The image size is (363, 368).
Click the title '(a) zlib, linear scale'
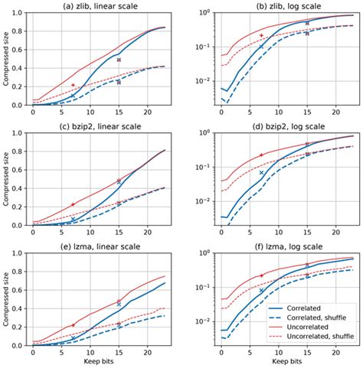(101, 6)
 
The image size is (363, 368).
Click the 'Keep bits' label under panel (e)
(101, 362)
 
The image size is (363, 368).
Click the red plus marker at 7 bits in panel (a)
(73, 85)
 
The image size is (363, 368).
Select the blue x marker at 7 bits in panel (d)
(261, 173)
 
